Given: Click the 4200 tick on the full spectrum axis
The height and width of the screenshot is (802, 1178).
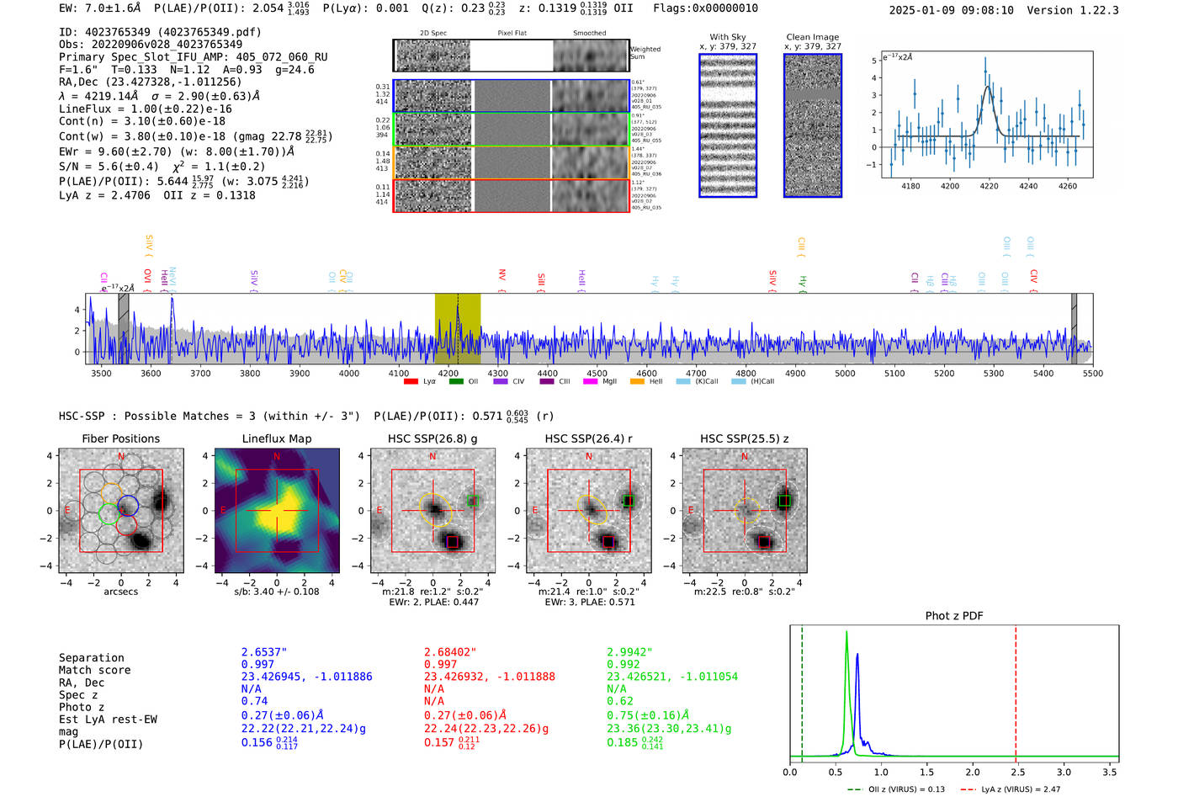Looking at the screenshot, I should (448, 373).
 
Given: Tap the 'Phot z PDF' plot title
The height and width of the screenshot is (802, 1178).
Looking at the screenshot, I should (954, 616).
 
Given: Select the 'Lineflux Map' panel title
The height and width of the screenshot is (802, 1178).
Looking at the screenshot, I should (276, 438).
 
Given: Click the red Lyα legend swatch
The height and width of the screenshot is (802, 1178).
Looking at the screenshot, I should (411, 382).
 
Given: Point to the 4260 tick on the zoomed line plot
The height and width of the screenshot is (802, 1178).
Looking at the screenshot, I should (1067, 186).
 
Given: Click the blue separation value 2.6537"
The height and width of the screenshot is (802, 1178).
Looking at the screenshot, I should (264, 652).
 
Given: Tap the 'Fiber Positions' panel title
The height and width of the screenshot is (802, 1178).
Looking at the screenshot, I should (120, 438).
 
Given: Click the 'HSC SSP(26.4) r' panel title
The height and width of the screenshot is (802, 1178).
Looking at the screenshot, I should (588, 438).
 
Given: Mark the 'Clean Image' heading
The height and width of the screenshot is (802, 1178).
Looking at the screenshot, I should (812, 37).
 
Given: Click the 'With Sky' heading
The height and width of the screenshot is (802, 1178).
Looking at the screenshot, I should (727, 37).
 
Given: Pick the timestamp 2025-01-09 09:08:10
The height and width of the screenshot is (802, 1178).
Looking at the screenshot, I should (951, 10).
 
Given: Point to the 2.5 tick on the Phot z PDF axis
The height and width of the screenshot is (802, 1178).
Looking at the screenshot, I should (1017, 772).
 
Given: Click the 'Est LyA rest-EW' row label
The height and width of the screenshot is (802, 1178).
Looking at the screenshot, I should (108, 720).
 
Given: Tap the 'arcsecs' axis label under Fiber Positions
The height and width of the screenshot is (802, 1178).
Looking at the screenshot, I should (120, 592).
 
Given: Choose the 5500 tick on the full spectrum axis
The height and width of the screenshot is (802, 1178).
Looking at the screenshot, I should (1092, 373).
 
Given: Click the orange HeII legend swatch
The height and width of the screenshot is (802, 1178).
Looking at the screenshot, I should (637, 382).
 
